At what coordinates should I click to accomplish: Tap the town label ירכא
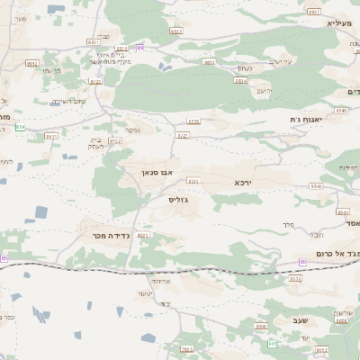[x=243, y=183]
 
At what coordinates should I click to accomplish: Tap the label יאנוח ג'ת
[x=305, y=120]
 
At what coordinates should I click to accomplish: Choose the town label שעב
[x=300, y=320]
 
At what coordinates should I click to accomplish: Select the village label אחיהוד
[x=171, y=282]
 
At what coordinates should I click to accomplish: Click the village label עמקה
[x=132, y=130]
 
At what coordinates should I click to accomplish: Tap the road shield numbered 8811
[x=93, y=41]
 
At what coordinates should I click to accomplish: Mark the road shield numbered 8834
[x=240, y=80]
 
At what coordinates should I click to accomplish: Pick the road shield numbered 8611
[x=51, y=136]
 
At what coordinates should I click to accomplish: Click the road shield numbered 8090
[x=261, y=326]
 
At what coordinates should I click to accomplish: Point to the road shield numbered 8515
[x=295, y=278]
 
